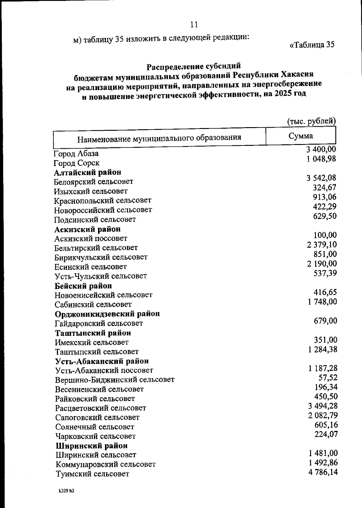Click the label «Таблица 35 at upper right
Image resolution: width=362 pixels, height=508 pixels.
312,45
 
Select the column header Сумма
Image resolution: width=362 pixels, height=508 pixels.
300,136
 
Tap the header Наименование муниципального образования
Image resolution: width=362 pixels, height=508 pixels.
159,138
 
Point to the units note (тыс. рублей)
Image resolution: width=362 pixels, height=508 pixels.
311,121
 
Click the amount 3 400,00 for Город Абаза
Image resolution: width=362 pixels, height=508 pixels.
321,149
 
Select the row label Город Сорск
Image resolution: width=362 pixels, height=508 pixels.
77,163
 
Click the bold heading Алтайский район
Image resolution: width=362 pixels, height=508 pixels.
88,172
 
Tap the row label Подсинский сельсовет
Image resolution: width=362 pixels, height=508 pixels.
95,219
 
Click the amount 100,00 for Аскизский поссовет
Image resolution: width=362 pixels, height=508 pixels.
325,235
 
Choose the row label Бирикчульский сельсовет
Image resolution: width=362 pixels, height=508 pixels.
101,257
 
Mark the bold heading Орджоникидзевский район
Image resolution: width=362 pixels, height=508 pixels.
107,314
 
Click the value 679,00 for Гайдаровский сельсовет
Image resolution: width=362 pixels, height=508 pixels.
325,321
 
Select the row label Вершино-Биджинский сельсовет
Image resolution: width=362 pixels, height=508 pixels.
115,380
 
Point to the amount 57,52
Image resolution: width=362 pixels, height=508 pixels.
328,378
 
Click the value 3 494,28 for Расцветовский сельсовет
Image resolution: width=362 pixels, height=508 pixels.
322,406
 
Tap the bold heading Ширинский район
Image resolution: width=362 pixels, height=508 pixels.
92,446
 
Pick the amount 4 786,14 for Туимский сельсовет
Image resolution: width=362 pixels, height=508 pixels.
323,472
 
